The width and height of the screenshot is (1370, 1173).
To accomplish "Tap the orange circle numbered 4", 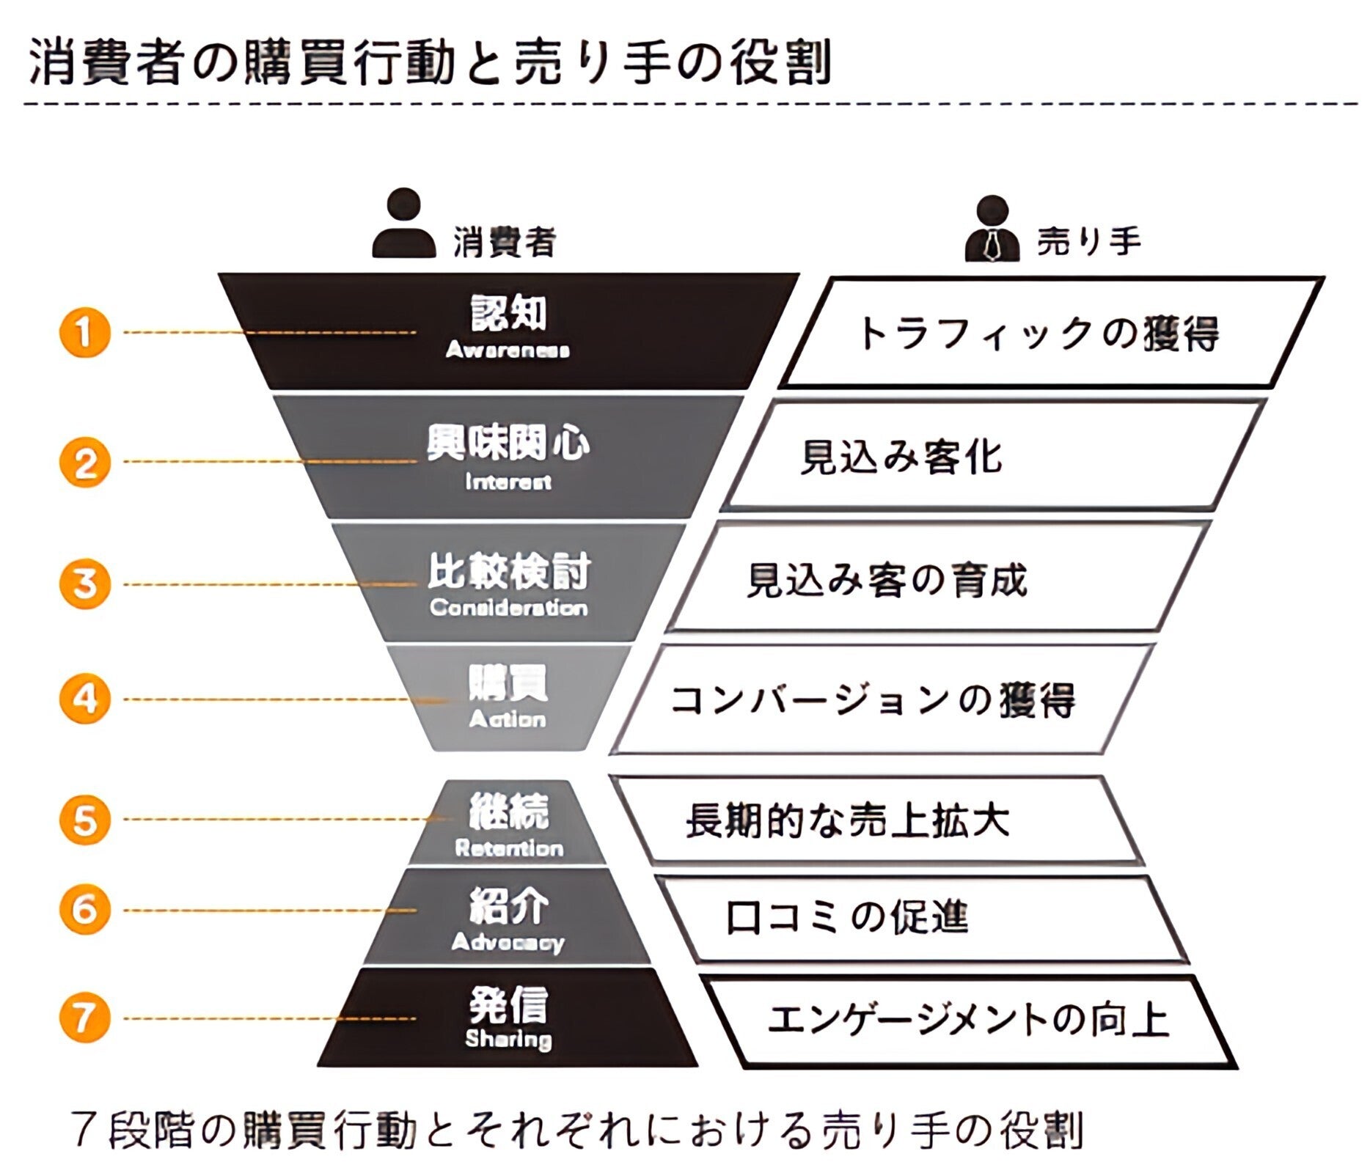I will [x=84, y=698].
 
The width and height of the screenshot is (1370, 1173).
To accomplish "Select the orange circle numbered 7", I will [x=84, y=1017].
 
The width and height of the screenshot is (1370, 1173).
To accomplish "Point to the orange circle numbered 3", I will [x=84, y=584].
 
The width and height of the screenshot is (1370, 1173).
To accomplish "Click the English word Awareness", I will [x=508, y=350].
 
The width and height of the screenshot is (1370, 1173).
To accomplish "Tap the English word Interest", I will [x=508, y=482].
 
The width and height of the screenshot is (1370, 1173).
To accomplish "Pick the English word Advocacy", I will [x=508, y=942].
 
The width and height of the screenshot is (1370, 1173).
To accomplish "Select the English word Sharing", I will [x=508, y=1038].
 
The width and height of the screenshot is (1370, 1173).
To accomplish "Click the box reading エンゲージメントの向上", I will [x=968, y=1020].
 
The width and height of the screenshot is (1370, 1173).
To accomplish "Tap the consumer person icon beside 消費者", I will [x=403, y=224].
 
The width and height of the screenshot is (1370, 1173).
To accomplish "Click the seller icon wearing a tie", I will [x=992, y=229].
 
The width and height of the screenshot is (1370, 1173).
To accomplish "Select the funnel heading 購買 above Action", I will [x=508, y=683].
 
